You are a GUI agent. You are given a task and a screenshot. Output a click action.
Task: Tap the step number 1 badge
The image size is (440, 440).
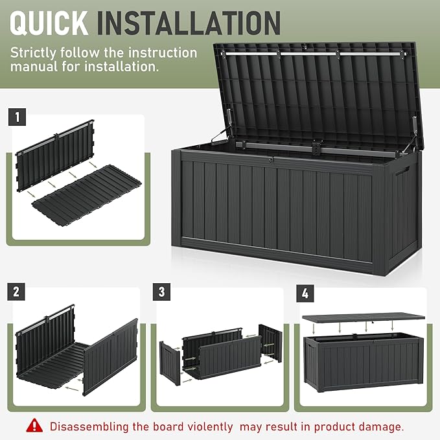(17, 117)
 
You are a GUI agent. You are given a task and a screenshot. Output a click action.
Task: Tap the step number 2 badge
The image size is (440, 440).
(17, 291)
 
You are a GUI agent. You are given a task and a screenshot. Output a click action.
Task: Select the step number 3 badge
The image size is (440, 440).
(162, 291)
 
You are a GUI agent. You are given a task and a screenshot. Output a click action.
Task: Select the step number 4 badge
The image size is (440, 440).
(305, 293)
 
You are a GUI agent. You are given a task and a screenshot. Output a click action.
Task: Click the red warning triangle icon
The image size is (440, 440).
(34, 426)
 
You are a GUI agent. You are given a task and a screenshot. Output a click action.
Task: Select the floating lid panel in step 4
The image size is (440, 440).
(363, 318)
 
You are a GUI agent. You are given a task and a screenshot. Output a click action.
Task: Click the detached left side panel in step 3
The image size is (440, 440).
(170, 363)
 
